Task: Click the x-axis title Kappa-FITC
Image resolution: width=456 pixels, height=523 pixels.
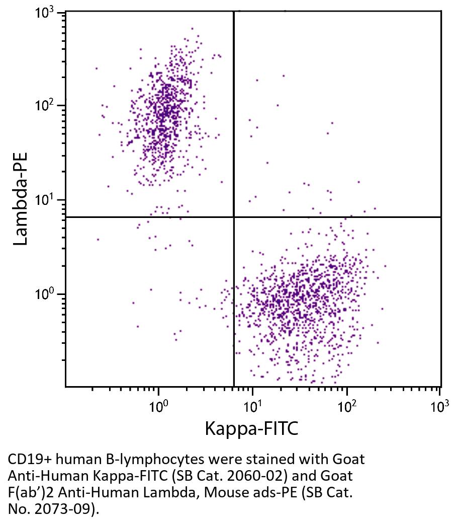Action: tap(251, 429)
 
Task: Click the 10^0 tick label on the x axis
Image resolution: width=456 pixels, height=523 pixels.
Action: tap(159, 405)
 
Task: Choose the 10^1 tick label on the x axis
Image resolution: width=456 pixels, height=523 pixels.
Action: tap(252, 405)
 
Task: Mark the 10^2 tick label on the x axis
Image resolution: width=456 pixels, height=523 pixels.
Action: tap(346, 405)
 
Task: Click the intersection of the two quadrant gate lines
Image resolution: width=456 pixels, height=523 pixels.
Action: tap(234, 217)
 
